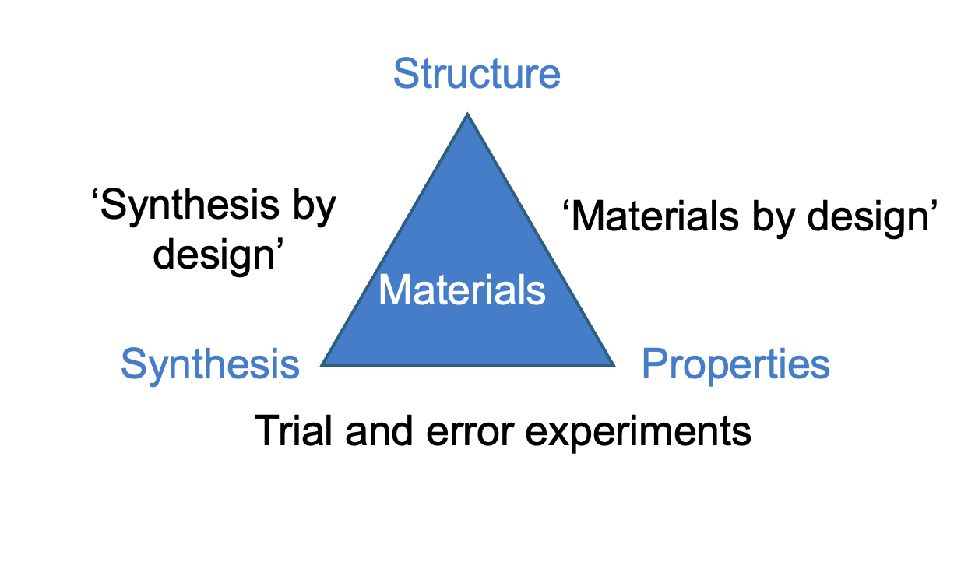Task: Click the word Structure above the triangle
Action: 477,73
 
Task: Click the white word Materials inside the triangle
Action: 462,290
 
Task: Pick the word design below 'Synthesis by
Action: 214,255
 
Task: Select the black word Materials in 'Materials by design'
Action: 655,216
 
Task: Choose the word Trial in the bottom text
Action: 294,430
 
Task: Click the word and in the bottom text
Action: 378,430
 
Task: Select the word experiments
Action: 638,434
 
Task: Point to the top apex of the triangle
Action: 467,113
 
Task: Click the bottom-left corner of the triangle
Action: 321,367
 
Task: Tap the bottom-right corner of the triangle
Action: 614,367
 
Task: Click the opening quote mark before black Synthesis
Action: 95,194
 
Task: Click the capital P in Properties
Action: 655,364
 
